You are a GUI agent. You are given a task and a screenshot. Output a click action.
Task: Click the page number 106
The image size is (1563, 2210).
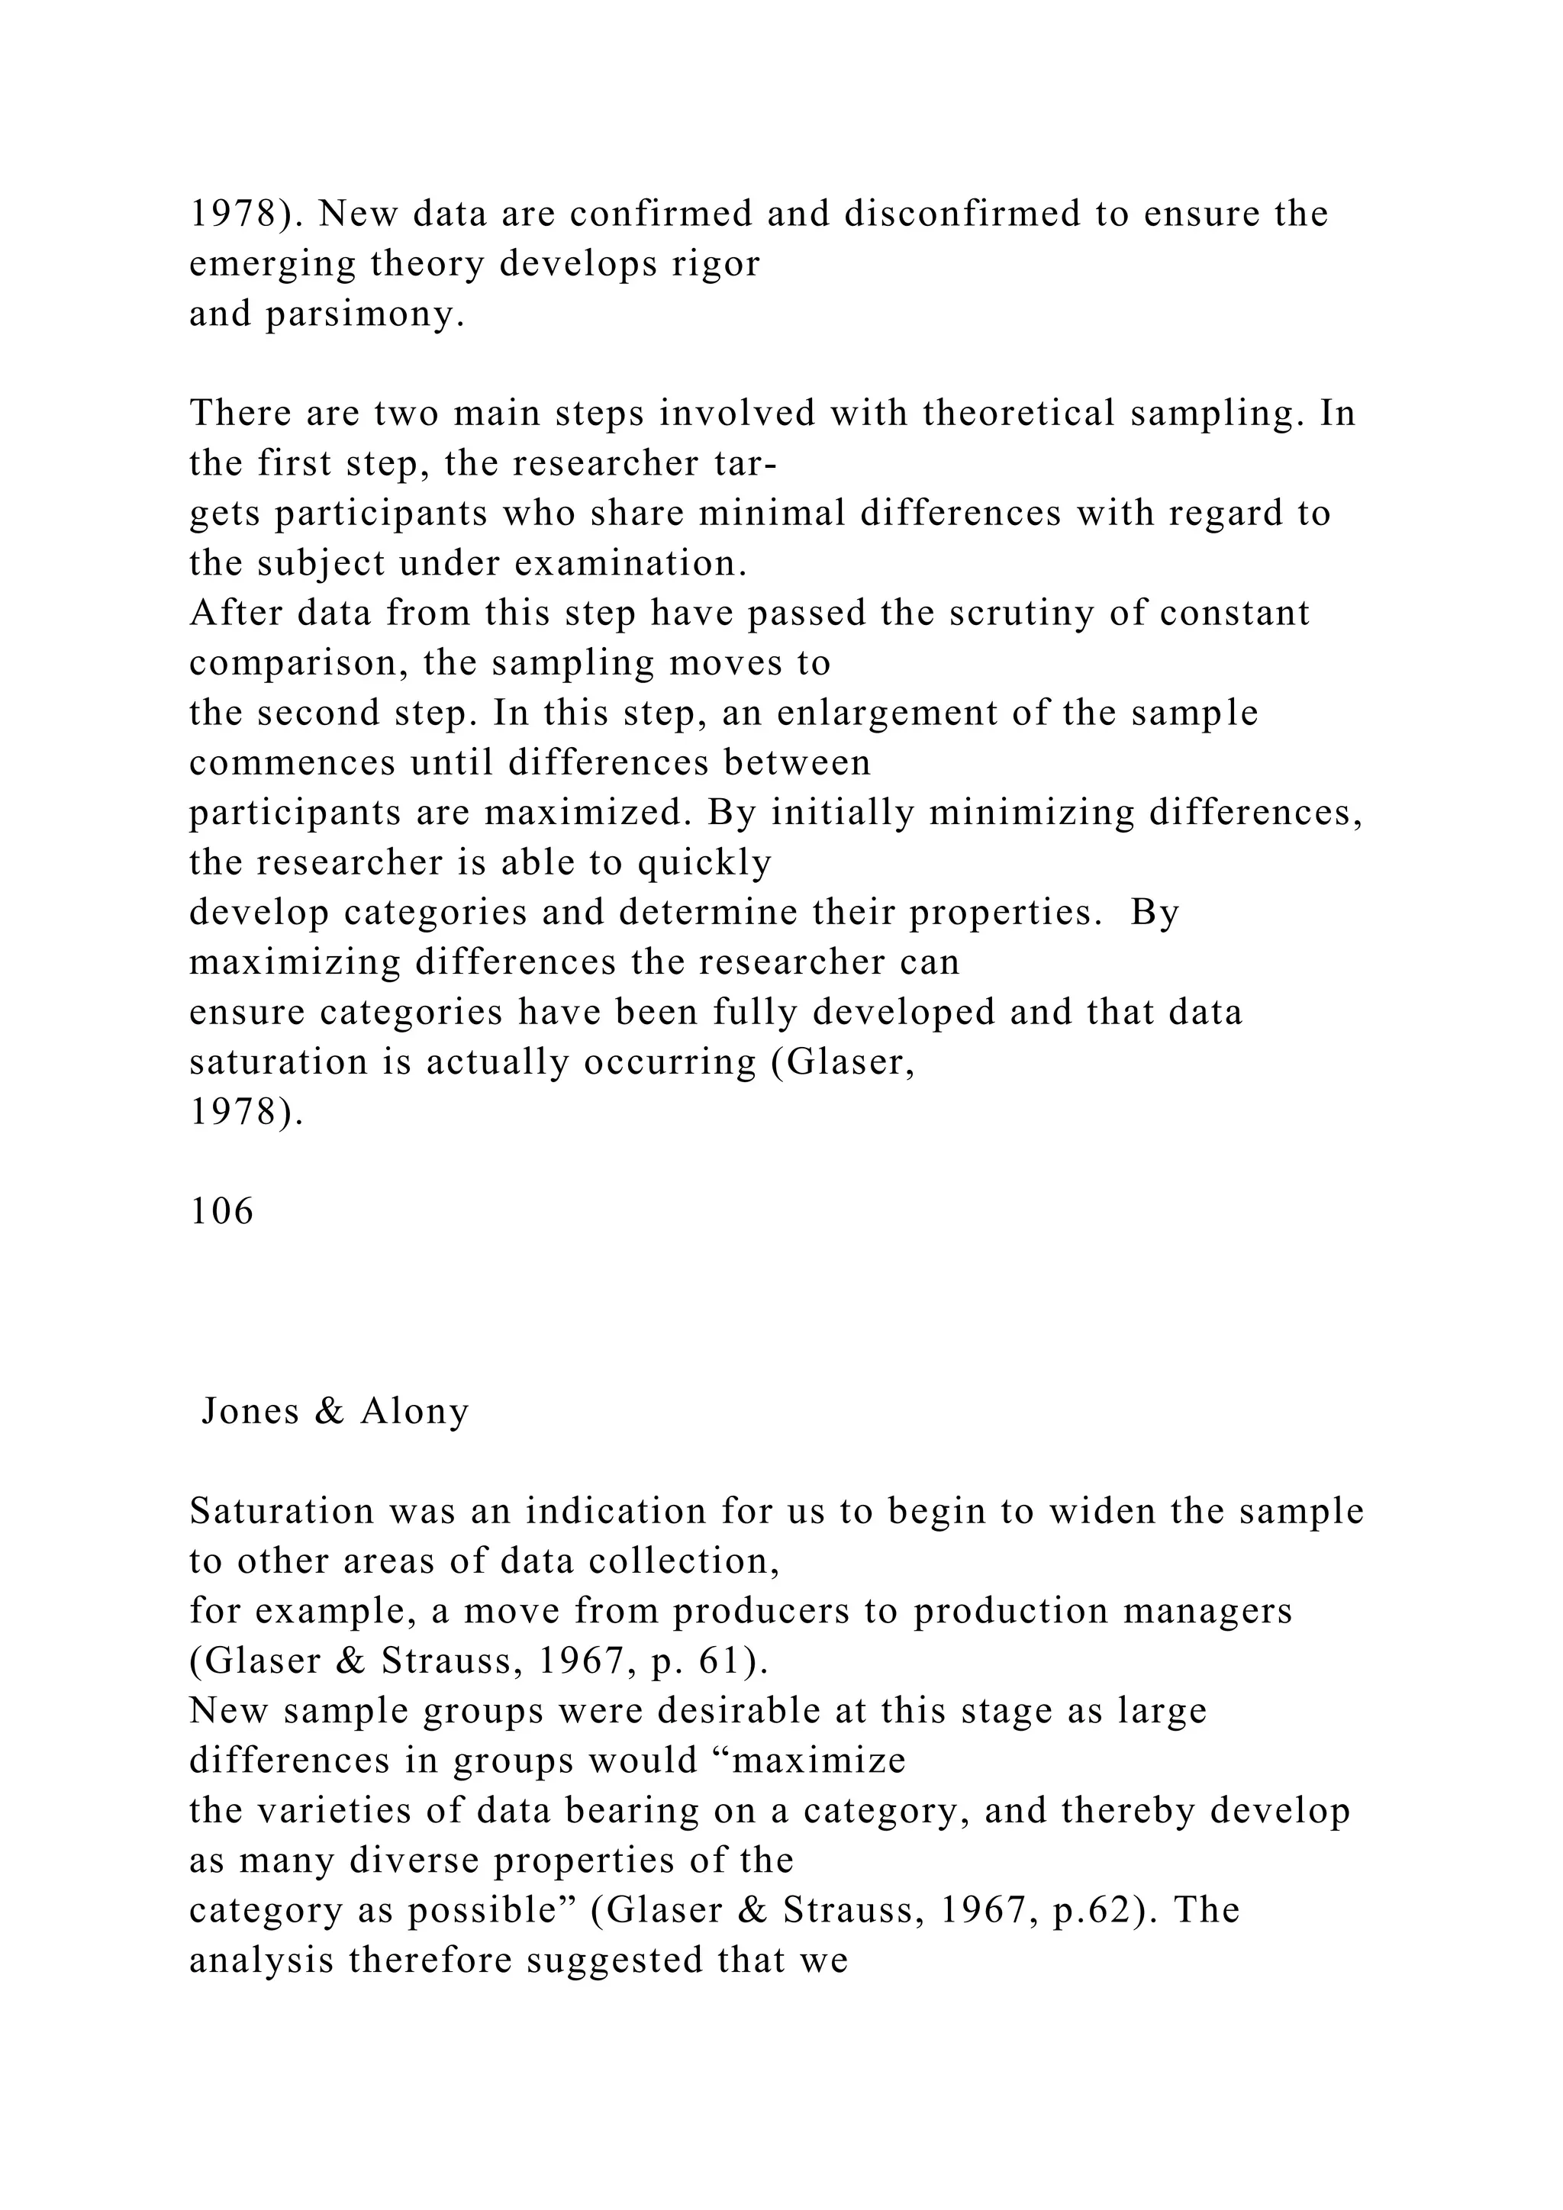(x=221, y=1211)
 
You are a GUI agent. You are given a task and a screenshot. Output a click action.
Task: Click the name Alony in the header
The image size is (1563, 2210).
(x=415, y=1411)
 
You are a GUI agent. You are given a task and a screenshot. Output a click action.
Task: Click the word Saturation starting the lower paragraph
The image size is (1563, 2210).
(x=281, y=1511)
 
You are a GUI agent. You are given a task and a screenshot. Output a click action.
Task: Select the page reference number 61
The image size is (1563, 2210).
(x=717, y=1661)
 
